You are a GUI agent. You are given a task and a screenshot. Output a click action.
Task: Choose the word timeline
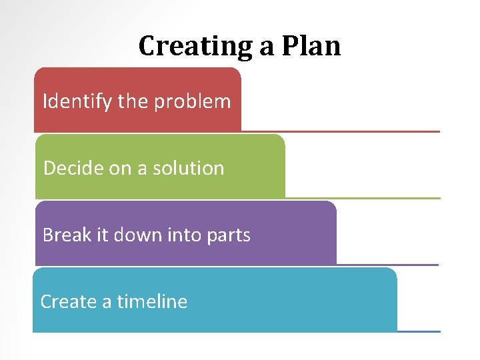[152, 301]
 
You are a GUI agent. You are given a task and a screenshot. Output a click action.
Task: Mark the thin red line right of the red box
[340, 131]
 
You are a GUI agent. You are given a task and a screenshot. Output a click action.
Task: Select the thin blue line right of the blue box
[419, 331]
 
